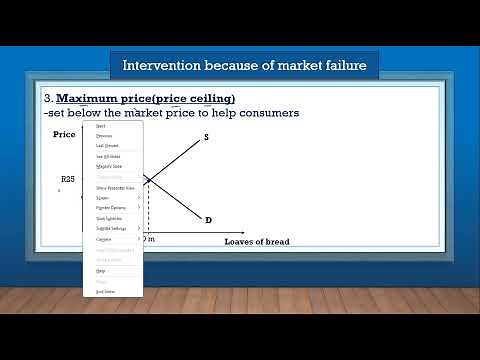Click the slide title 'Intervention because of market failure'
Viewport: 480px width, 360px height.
(244, 66)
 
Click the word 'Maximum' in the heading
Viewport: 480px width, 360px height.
(91, 99)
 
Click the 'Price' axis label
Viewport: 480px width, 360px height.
(64, 134)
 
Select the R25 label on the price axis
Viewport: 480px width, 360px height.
(68, 179)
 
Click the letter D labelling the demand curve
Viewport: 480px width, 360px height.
(208, 219)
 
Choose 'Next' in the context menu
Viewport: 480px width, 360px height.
(99, 126)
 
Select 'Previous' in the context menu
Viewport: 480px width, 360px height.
(103, 136)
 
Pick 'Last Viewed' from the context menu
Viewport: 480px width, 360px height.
(106, 146)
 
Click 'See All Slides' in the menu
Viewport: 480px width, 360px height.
(108, 157)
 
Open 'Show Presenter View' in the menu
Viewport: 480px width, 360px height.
(115, 188)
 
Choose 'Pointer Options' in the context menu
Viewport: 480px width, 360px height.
(111, 208)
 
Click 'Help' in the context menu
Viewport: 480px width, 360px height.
(100, 270)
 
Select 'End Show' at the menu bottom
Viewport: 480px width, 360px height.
(105, 291)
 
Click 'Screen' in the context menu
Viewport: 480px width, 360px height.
(102, 198)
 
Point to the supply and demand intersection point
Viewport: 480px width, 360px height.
(148, 179)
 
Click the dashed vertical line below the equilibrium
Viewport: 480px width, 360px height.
(148, 210)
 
